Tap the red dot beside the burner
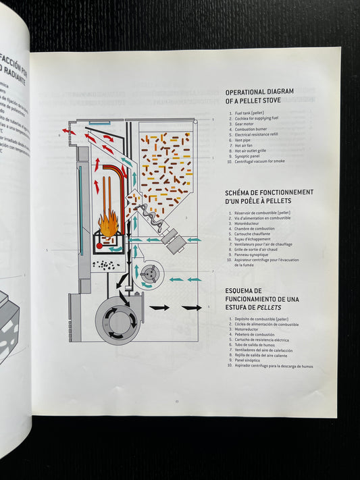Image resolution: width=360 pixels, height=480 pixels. point(99,246)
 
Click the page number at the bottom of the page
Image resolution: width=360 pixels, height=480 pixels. point(176,402)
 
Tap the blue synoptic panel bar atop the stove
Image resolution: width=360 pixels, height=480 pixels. point(99,124)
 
